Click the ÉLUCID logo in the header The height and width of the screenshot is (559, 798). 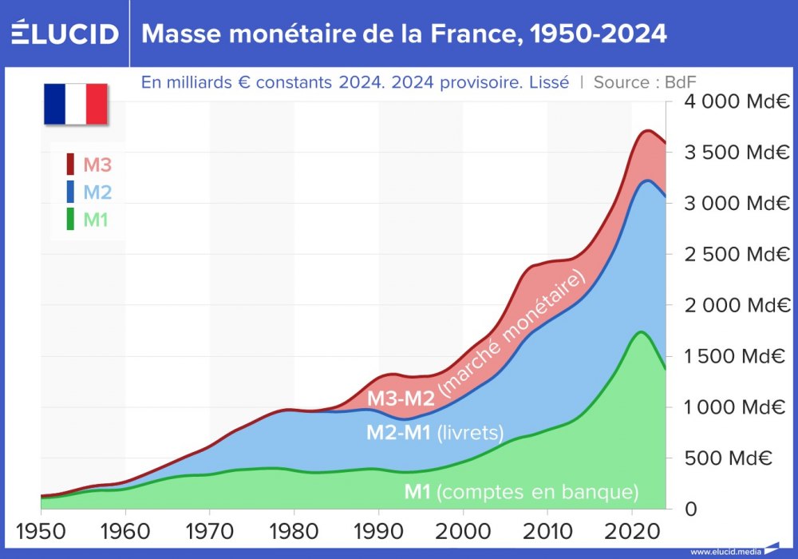(65, 33)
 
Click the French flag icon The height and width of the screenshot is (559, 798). (76, 104)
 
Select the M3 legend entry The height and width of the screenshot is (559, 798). (89, 165)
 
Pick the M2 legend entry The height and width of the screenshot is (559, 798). (89, 192)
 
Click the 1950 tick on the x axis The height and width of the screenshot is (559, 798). (41, 530)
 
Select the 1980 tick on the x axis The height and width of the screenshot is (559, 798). (294, 530)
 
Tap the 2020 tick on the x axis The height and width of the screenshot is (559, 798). (631, 530)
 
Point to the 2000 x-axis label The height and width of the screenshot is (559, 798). (463, 530)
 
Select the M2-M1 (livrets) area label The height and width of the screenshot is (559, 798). (435, 433)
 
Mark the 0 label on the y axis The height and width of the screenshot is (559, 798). (691, 509)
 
